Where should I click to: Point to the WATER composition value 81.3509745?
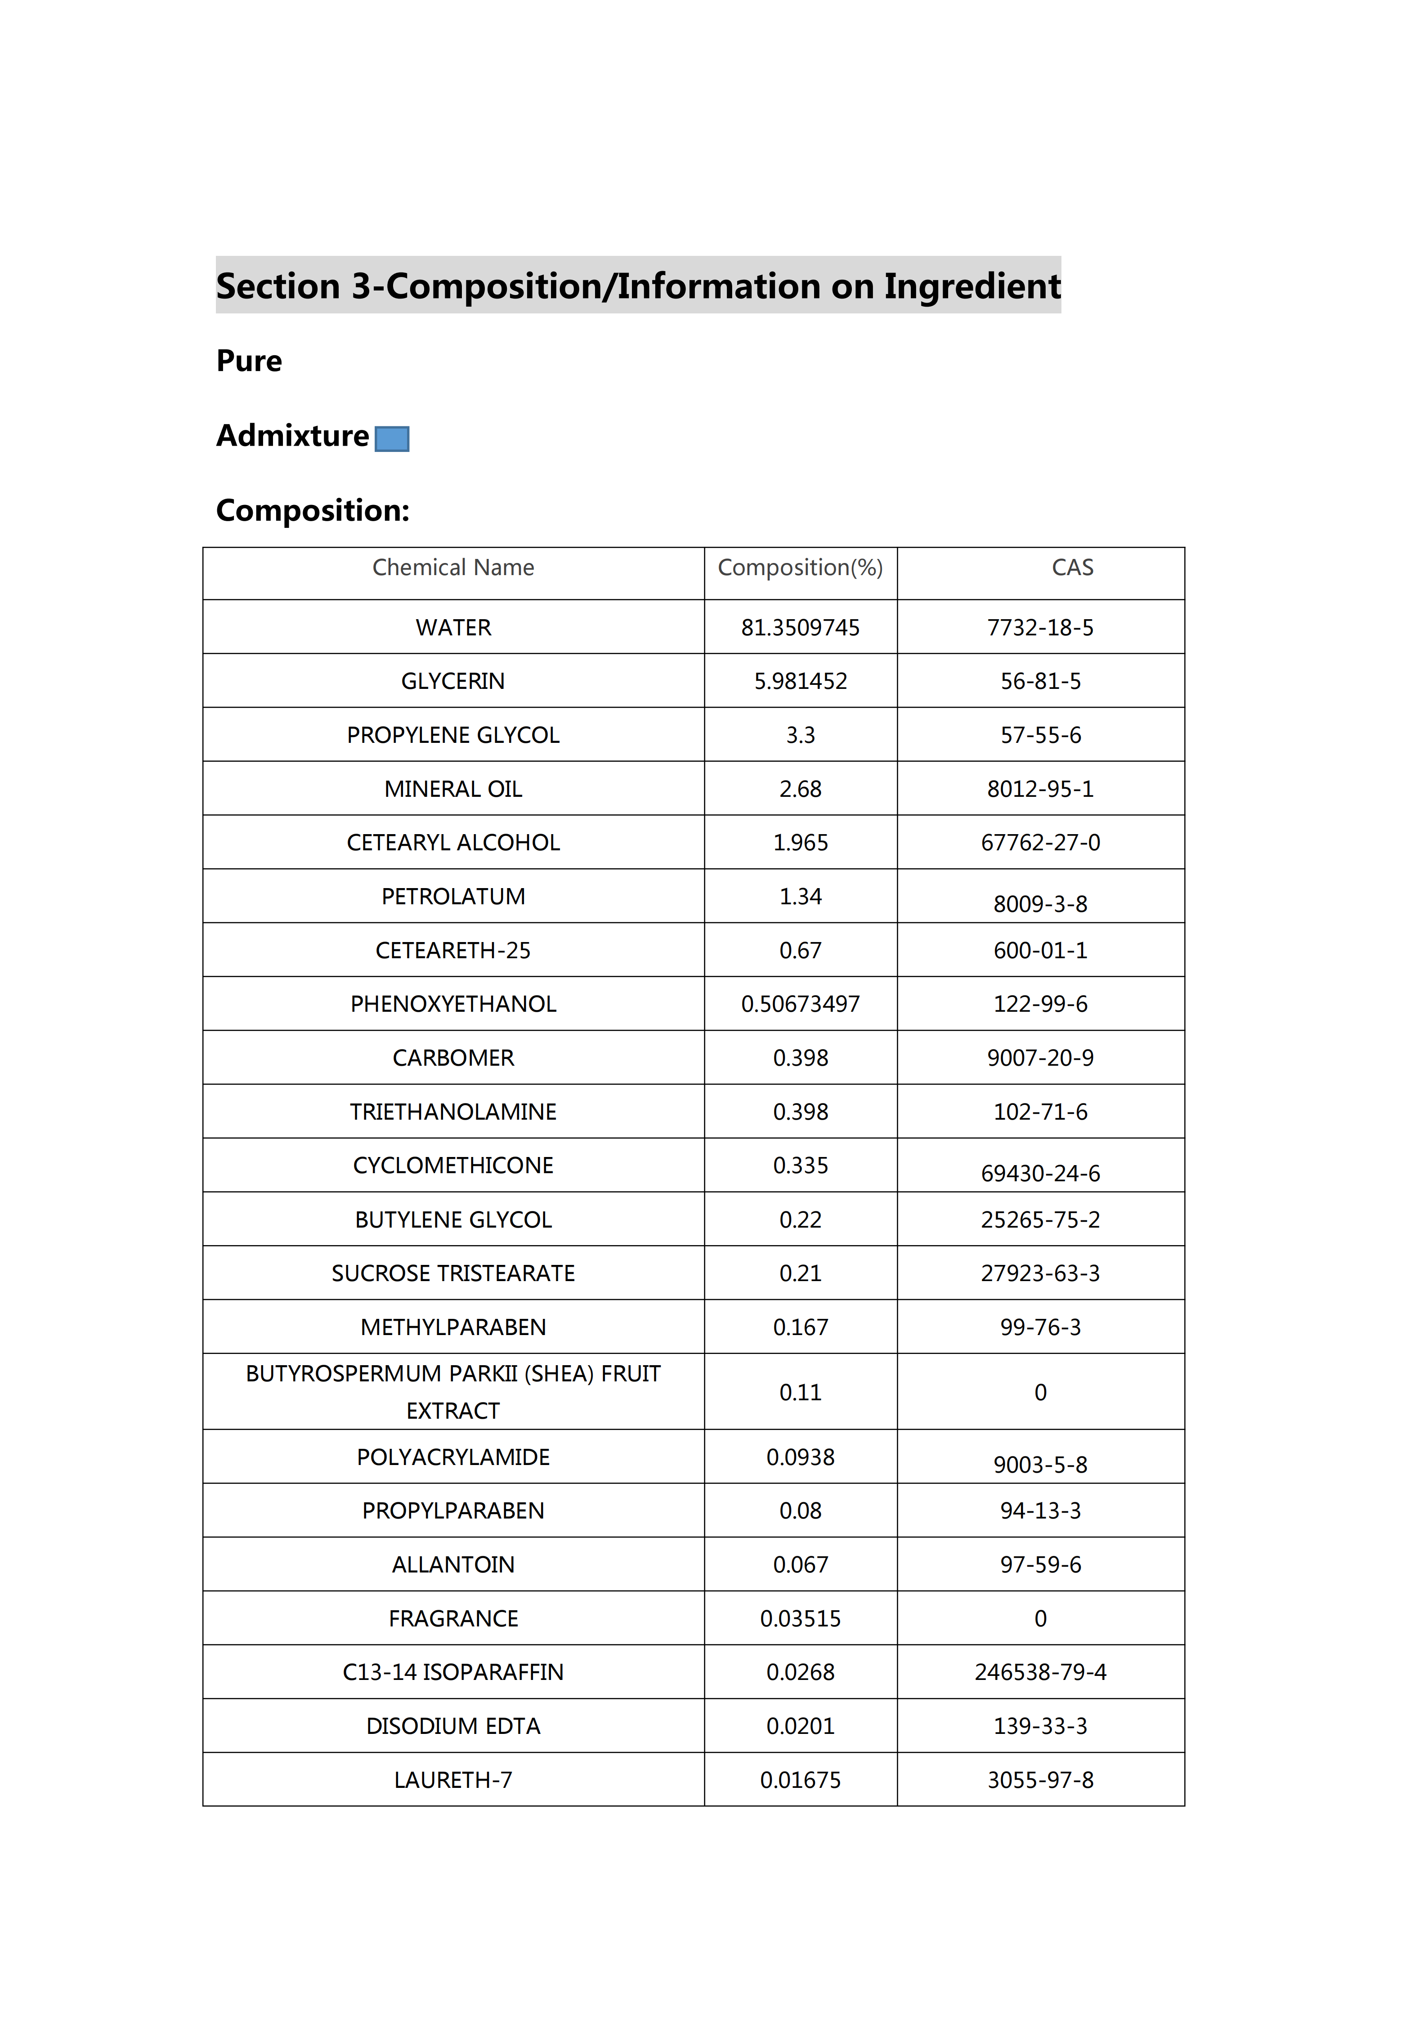click(x=800, y=628)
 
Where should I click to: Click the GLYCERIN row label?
click(x=453, y=682)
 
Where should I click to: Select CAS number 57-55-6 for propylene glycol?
click(x=1040, y=735)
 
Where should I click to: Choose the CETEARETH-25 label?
click(x=453, y=951)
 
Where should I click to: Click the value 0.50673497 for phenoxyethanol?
click(x=800, y=1004)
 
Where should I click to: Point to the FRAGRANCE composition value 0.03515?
click(x=800, y=1619)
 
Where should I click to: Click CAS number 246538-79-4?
click(x=1040, y=1673)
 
